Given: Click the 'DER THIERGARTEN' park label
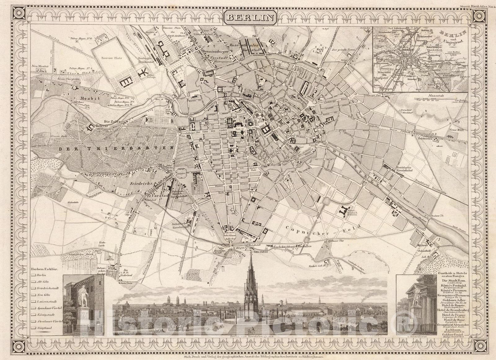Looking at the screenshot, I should [x=115, y=148].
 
